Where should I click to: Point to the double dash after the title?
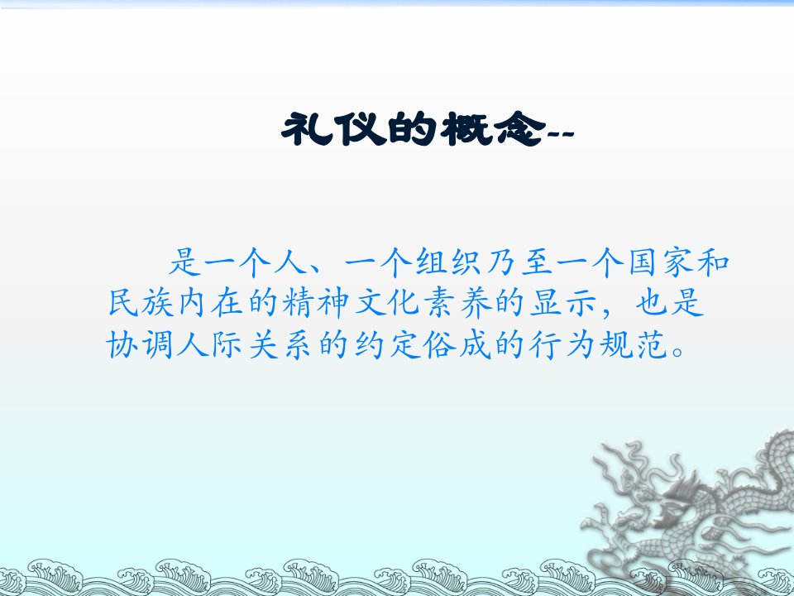561,134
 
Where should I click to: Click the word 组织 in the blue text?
447,262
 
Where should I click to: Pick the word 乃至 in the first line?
519,262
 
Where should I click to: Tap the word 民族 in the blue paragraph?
141,304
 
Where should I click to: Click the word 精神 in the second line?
316,304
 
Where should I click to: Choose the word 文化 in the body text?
386,304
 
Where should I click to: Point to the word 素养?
457,304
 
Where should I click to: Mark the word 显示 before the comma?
562,304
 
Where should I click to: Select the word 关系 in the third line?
280,345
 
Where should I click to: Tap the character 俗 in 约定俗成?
439,345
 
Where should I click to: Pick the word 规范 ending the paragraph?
634,345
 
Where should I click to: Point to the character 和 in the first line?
713,262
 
